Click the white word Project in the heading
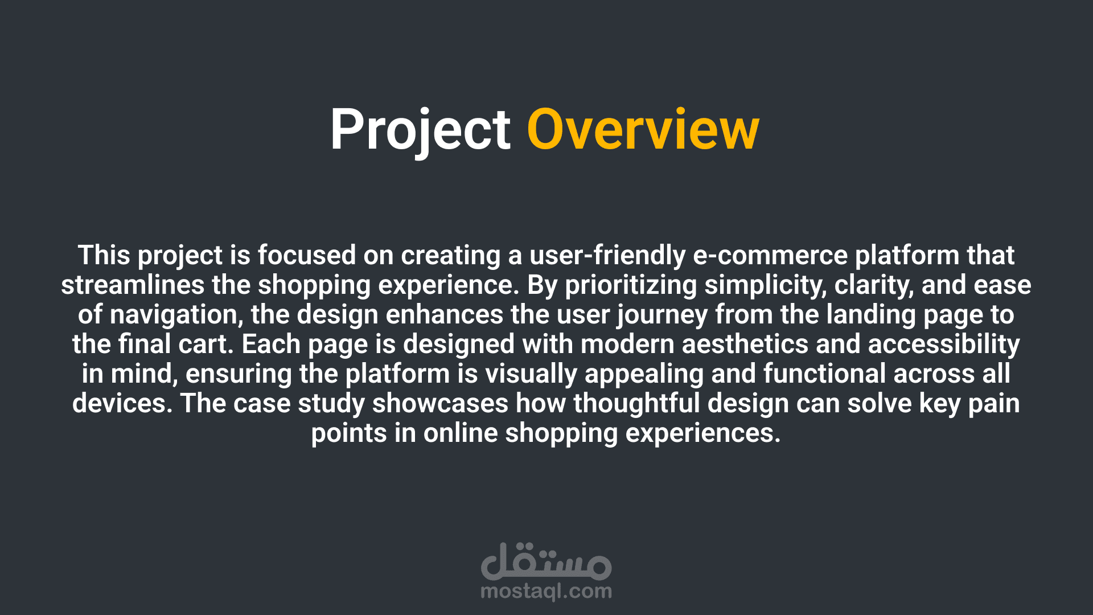pyautogui.click(x=420, y=131)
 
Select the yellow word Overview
pyautogui.click(x=643, y=130)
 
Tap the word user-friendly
pyautogui.click(x=607, y=256)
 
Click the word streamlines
pyautogui.click(x=133, y=285)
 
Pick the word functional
pyautogui.click(x=824, y=374)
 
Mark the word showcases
pyautogui.click(x=440, y=404)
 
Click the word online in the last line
pyautogui.click(x=461, y=433)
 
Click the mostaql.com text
pyautogui.click(x=546, y=592)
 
